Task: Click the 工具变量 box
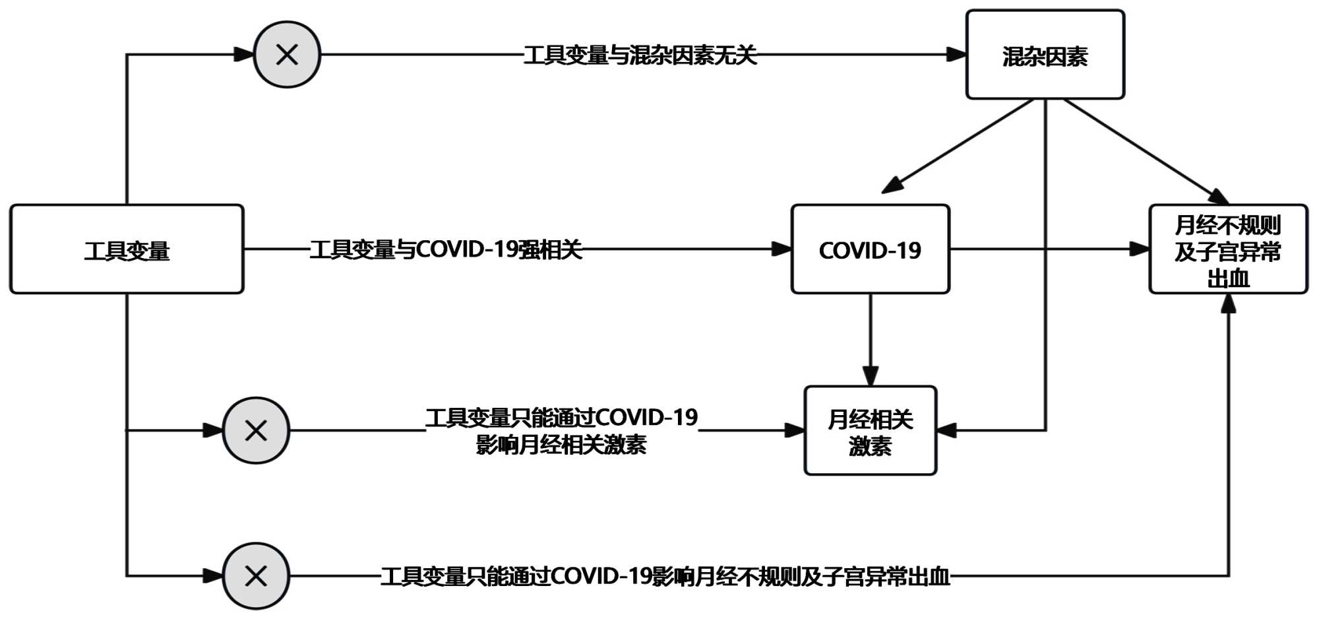click(127, 249)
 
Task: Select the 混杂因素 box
click(1045, 55)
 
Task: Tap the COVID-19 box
click(870, 249)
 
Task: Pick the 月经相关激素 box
click(870, 431)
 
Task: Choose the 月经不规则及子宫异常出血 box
click(1228, 249)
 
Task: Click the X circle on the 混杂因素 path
click(287, 55)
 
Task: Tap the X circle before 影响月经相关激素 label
click(256, 430)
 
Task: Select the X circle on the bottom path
click(256, 576)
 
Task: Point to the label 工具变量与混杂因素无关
click(640, 55)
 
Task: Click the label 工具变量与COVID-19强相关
click(446, 249)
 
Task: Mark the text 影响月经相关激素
click(561, 445)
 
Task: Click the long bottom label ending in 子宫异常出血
click(665, 576)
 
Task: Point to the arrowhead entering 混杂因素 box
click(956, 55)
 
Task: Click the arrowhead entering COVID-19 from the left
click(782, 249)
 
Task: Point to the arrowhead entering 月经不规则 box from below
click(1228, 304)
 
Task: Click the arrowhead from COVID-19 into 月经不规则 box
click(1140, 249)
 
